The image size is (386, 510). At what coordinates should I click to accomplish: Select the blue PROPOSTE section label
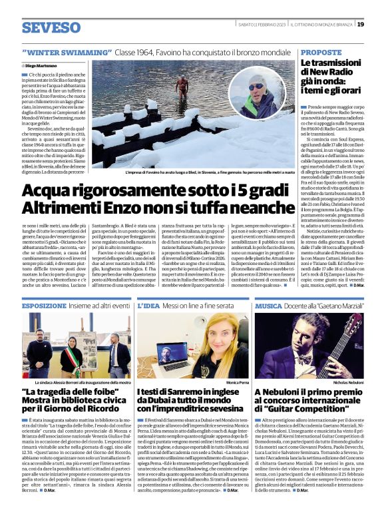coord(321,51)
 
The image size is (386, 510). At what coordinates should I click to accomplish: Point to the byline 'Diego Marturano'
coord(41,65)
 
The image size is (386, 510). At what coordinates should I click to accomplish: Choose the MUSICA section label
coord(269,306)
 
